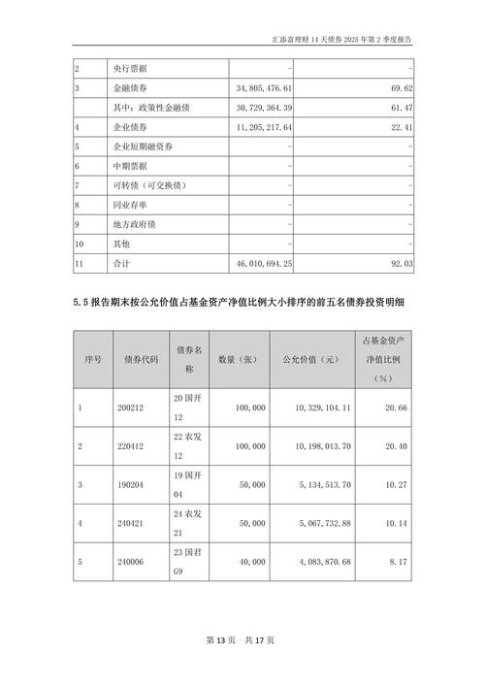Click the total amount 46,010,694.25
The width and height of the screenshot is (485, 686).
point(264,262)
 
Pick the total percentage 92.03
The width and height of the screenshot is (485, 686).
point(398,262)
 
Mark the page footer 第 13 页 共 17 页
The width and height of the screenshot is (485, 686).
point(242,640)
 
